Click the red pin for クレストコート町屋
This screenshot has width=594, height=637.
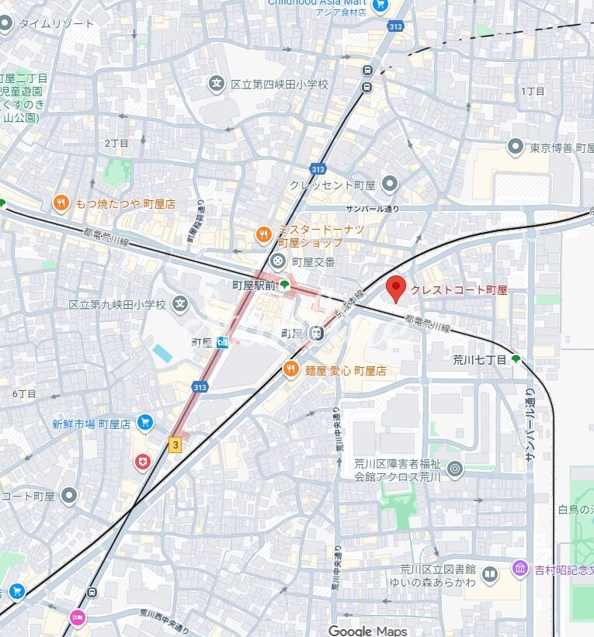396,289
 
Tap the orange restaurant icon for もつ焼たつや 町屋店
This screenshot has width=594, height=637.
61,203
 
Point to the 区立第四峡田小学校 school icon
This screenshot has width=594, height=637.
216,84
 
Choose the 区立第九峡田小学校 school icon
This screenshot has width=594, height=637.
181,304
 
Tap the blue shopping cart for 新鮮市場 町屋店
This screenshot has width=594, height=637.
144,423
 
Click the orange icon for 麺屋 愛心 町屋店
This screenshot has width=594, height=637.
291,370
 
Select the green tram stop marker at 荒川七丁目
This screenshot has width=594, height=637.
516,359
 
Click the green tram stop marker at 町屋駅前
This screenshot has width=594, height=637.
285,285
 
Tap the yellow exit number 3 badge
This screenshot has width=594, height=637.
175,445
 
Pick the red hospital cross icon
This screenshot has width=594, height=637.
142,462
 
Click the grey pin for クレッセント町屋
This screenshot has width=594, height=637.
390,184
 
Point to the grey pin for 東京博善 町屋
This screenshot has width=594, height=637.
515,147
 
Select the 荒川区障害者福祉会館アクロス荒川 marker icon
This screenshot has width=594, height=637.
455,469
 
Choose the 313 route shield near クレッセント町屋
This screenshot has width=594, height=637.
318,168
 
